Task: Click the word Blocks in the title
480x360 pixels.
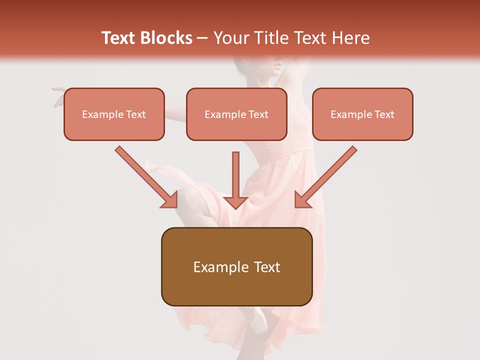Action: coord(166,38)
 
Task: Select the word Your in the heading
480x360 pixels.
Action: coord(229,38)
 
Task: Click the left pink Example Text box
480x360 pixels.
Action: coord(114,114)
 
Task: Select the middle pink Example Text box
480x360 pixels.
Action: coord(236,114)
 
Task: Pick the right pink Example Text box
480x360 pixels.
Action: coord(362,114)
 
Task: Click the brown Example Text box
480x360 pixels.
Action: coord(236,266)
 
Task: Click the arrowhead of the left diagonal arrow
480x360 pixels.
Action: coord(170,200)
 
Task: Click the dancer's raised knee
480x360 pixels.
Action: coord(187,197)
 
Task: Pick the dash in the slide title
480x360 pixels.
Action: coord(202,38)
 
